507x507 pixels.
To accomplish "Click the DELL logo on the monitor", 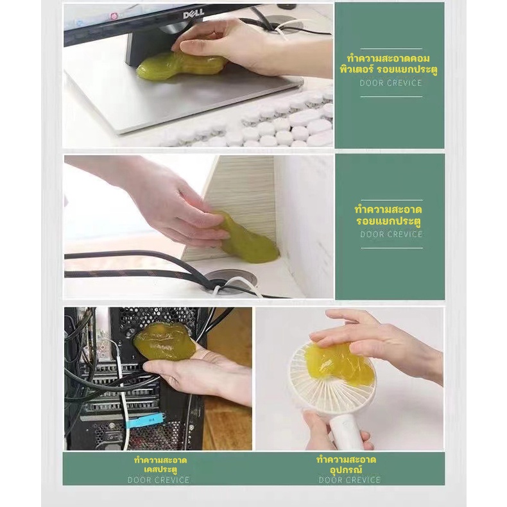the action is click(x=193, y=13).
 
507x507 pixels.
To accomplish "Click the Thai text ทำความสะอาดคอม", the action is click(x=388, y=59).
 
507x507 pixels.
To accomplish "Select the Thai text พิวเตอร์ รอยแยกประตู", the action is click(x=388, y=70).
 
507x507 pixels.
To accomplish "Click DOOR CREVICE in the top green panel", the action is click(x=391, y=83).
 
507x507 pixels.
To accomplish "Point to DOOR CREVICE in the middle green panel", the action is click(x=391, y=234).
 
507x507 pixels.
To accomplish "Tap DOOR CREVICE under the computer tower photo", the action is click(x=159, y=480).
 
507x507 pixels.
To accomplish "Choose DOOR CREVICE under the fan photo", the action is click(x=350, y=480).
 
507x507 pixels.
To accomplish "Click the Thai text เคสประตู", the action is click(x=160, y=470).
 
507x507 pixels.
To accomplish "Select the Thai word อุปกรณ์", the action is click(x=347, y=469).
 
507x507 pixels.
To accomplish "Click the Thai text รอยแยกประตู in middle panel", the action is click(x=388, y=221).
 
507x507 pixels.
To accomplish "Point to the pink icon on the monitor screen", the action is click(x=114, y=16).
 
